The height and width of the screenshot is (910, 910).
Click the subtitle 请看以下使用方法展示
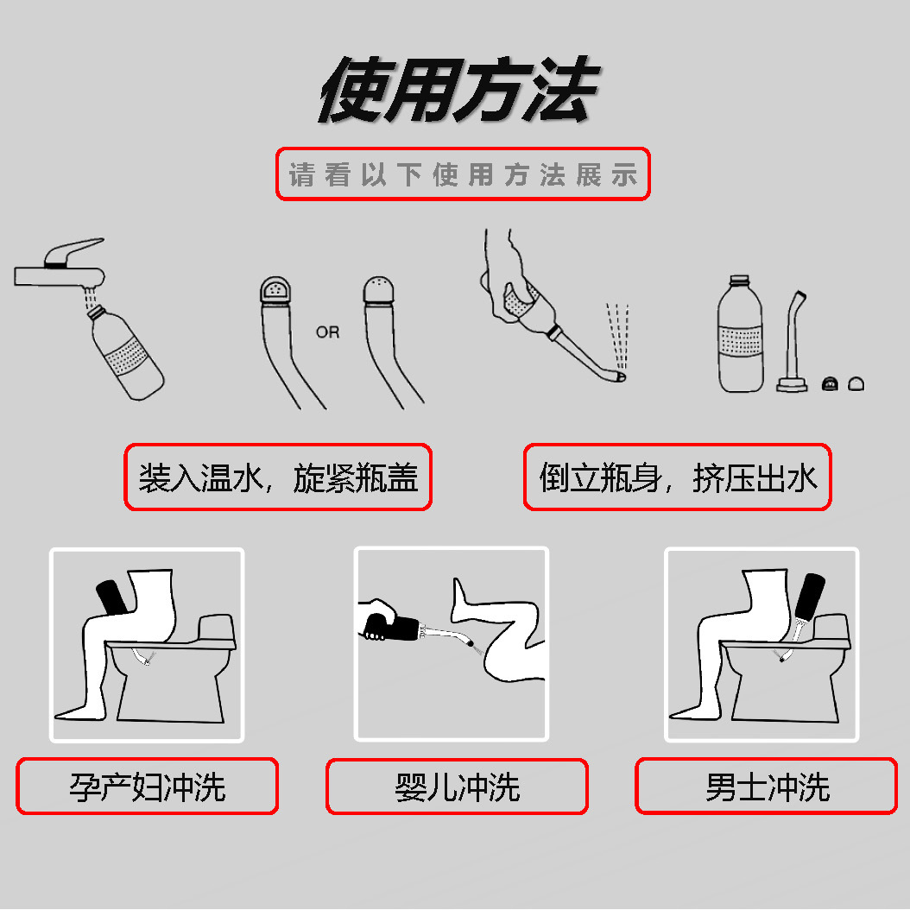tap(463, 174)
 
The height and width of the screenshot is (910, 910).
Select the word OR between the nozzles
tap(328, 332)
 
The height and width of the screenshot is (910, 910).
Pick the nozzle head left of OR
tap(276, 288)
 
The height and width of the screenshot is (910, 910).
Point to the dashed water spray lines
tap(620, 332)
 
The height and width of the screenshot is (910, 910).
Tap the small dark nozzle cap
tap(830, 383)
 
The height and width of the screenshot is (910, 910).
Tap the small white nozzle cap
tap(856, 383)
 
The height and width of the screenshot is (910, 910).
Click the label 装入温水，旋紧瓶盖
tap(278, 477)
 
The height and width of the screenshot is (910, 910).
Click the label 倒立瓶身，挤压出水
tap(678, 477)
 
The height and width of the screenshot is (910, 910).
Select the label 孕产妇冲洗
tap(148, 787)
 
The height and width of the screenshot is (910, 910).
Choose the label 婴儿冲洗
tap(457, 787)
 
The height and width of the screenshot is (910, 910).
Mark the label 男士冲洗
tap(767, 787)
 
